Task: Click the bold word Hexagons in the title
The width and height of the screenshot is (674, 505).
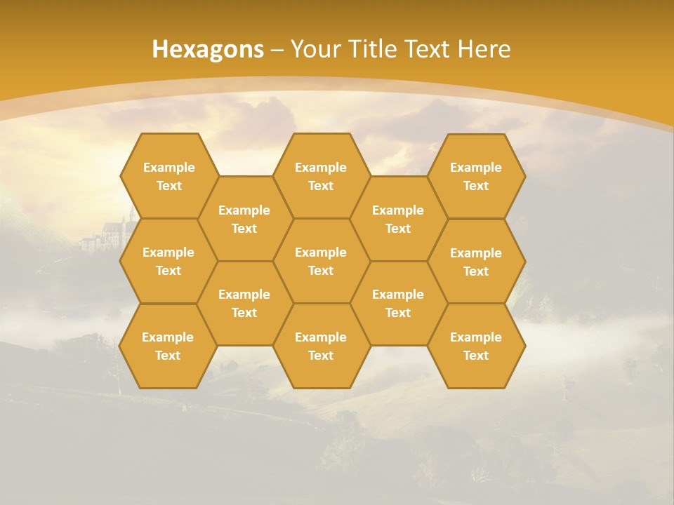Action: (208, 49)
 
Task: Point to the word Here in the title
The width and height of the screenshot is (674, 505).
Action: (484, 49)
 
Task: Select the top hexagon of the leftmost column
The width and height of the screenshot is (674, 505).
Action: (168, 176)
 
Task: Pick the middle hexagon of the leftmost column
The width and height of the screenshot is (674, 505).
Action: (168, 261)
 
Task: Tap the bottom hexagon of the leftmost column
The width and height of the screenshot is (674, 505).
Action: (168, 346)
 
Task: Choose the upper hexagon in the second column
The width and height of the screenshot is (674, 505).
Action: (244, 219)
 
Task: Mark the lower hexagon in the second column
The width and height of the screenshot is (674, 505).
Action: (244, 303)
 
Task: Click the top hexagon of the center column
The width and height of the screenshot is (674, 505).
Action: (321, 176)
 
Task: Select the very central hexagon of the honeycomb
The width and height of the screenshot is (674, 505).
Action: (321, 261)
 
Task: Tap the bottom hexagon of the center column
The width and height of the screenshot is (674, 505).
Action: (321, 346)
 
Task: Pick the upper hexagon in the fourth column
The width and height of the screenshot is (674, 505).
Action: (398, 219)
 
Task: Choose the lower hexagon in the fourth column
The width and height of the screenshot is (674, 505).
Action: (398, 303)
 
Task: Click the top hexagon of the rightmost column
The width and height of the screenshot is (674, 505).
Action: (476, 176)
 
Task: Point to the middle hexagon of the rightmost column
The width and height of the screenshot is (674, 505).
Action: (476, 262)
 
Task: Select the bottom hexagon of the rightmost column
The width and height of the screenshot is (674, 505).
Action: (476, 346)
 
